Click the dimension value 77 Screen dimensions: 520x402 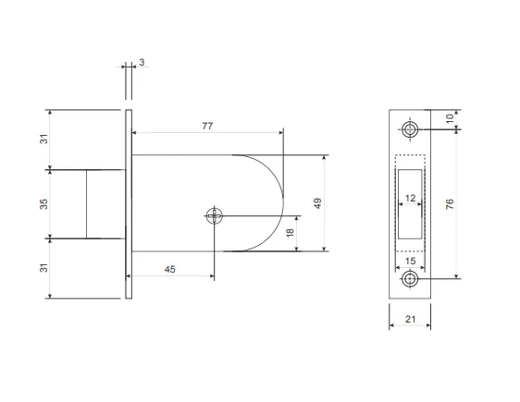click(207, 127)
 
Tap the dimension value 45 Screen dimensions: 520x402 click(170, 270)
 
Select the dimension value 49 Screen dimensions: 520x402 click(317, 203)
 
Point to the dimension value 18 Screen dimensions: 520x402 click(291, 233)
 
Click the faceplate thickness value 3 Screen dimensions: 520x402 click(142, 62)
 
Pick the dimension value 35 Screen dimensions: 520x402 click(43, 204)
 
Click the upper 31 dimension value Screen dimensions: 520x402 click(43, 139)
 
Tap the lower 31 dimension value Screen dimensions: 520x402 click(43, 268)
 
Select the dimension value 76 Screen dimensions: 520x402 click(450, 204)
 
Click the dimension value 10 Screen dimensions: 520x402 click(450, 118)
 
